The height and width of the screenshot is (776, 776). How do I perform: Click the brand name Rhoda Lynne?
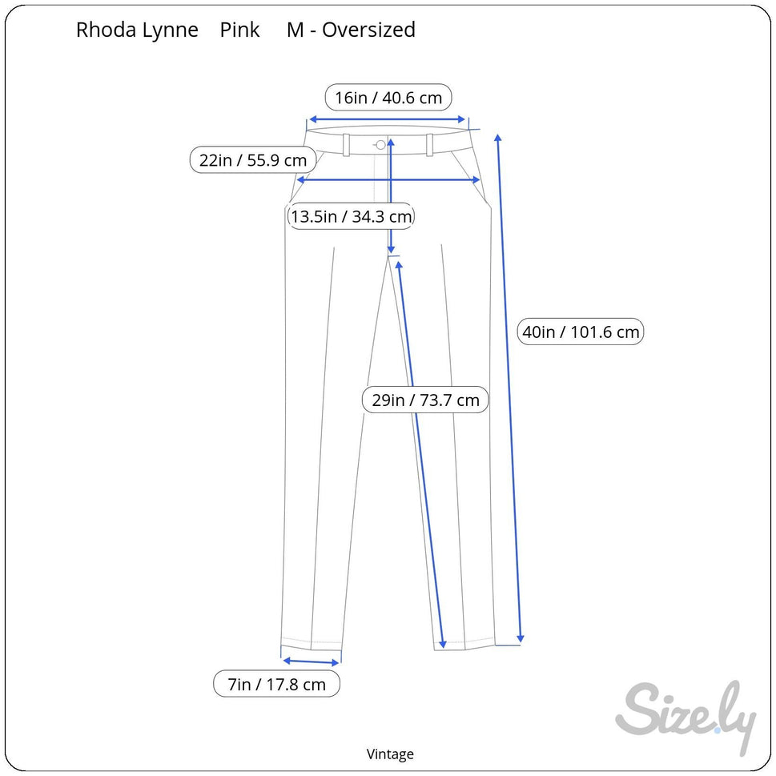(137, 30)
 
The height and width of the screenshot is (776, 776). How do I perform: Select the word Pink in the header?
(239, 30)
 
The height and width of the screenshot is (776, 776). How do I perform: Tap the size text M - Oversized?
(351, 30)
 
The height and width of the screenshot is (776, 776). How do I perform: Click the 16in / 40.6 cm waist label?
(388, 98)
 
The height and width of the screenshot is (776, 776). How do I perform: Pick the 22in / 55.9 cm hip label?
(253, 160)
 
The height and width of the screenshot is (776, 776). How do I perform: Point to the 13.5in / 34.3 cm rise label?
(351, 216)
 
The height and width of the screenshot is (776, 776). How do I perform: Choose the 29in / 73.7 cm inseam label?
(425, 400)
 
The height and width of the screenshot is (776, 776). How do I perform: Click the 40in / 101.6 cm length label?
(581, 332)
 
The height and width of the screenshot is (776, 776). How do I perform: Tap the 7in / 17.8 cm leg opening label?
(276, 684)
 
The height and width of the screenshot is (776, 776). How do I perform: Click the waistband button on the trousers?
(380, 144)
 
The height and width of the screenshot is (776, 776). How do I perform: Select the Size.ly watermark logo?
(686, 716)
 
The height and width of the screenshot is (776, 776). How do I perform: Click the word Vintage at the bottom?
(390, 754)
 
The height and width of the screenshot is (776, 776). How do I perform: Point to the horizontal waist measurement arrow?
(387, 119)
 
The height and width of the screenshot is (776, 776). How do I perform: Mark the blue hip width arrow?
(388, 179)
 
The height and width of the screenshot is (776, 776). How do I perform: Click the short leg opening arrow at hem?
(311, 661)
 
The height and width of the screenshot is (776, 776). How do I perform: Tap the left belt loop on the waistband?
(347, 145)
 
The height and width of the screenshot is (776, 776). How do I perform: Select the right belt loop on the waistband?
(429, 145)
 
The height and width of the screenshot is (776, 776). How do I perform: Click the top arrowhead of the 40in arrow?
(498, 138)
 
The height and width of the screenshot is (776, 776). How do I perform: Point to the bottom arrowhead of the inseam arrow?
(442, 643)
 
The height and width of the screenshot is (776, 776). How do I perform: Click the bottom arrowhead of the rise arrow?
(391, 249)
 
